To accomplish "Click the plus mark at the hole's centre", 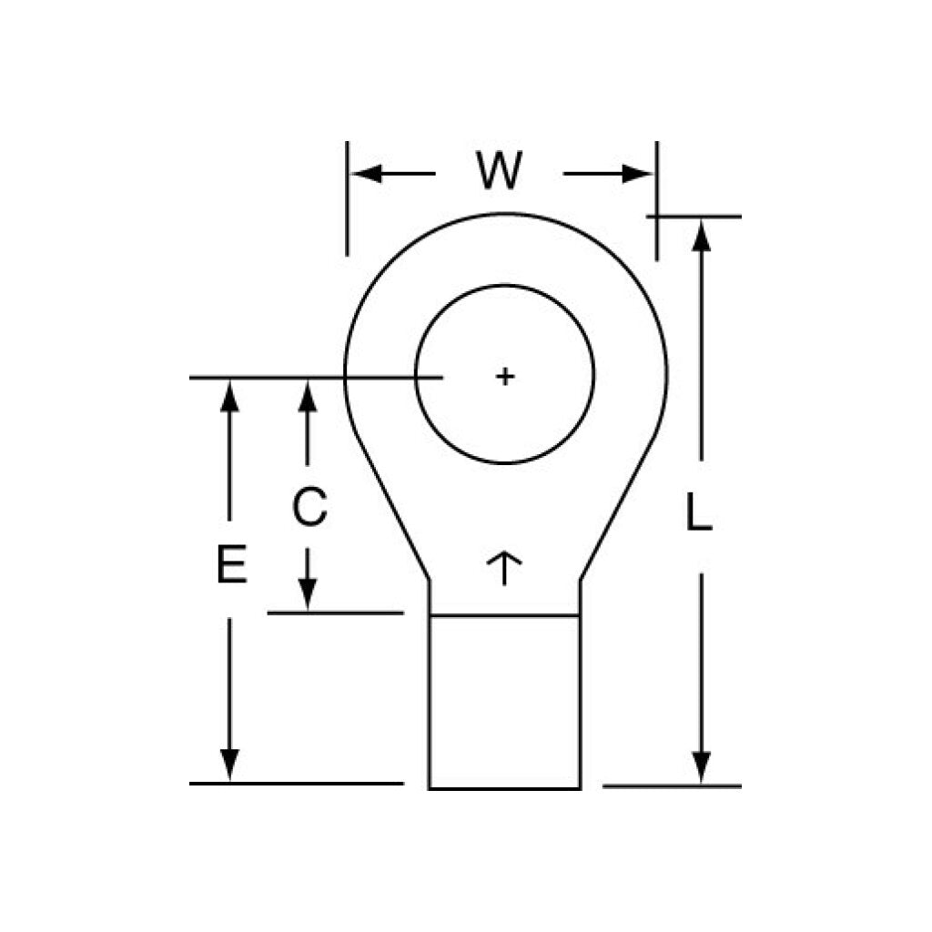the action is coord(504,376).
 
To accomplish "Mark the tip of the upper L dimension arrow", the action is coord(702,220).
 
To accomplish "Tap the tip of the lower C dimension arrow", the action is coord(308,610).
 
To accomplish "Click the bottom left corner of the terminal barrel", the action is coord(430,789).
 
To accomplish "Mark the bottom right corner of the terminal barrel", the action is coord(580,789).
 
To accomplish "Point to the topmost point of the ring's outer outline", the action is coord(504,213).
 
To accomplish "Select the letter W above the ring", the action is coord(500,171).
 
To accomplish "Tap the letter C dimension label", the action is coord(309,506).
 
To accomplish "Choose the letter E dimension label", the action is coord(231,563).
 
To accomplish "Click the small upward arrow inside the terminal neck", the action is coord(504,568).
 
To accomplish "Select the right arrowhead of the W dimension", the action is coord(637,174).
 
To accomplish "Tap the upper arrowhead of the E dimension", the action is coord(229,396).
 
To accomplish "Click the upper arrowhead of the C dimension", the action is coord(308,396).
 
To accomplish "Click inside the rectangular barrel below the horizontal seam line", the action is coord(504,703).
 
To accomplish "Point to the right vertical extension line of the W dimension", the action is coord(657,201).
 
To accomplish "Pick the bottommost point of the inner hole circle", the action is coord(504,463).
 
